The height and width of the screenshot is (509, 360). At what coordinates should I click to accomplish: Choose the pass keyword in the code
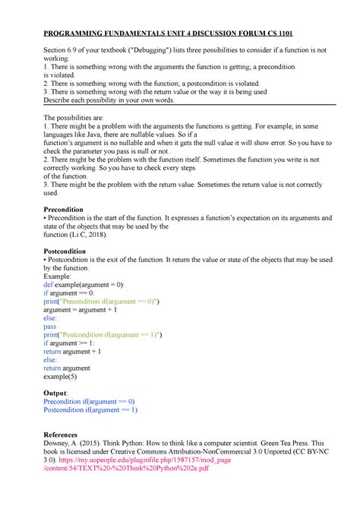point(52,326)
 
